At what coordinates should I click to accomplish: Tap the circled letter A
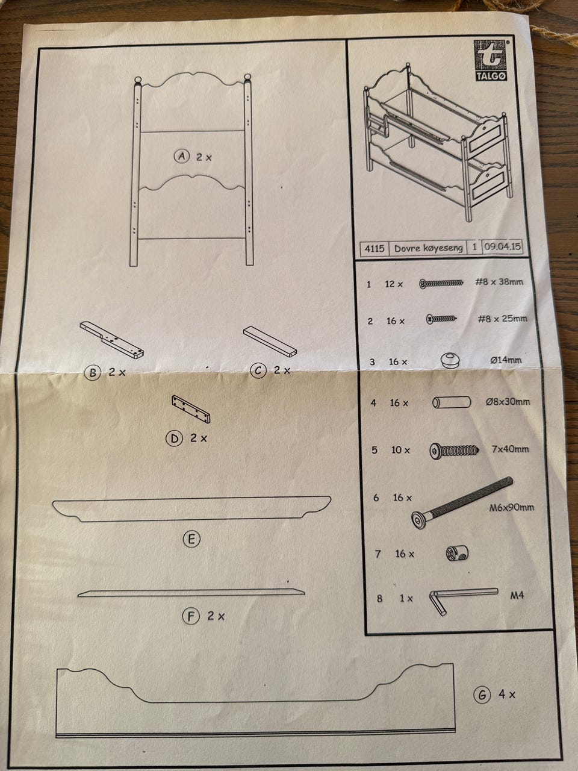point(182,156)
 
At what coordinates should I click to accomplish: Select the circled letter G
point(482,695)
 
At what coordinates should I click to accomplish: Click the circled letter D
point(174,439)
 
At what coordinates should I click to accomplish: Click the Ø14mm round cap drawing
point(450,360)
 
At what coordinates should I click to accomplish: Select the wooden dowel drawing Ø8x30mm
point(452,402)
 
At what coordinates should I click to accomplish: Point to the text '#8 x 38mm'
point(499,282)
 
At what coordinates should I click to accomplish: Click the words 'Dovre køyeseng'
point(428,248)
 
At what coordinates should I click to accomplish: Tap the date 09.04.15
point(502,246)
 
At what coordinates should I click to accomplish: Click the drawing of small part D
point(191,409)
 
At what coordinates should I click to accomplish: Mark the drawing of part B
point(112,340)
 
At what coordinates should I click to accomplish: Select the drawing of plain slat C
point(270,342)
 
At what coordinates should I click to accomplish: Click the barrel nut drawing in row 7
point(457,553)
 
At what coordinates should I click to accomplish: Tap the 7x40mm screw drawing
point(454,451)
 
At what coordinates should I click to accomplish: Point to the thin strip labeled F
point(191,593)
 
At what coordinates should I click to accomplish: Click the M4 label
point(517,595)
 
